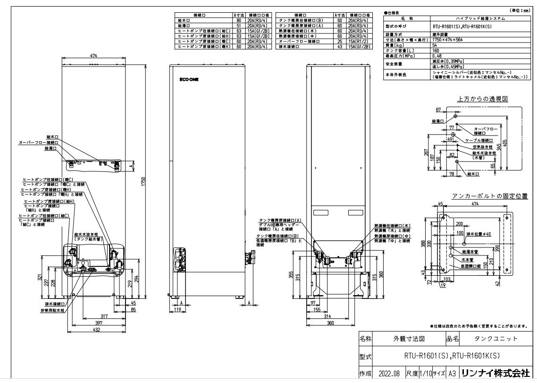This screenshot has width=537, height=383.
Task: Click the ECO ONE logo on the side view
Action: [189, 80]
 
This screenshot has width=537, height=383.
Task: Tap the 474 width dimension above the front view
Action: [93, 56]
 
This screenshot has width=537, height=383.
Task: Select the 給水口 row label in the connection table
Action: [184, 21]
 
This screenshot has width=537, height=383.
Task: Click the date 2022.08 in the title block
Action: [387, 373]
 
